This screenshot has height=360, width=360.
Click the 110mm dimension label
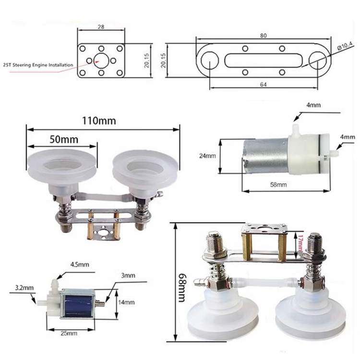point(99,121)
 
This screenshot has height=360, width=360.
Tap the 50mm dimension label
point(64,139)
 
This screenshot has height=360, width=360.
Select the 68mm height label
point(181,287)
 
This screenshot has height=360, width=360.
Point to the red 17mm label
point(300,242)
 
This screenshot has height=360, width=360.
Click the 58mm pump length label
point(278,185)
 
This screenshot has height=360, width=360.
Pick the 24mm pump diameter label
point(207,156)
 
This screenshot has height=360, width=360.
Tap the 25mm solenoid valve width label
point(69,333)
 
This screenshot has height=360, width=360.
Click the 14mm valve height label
point(126,302)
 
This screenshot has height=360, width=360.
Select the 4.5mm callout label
point(79,264)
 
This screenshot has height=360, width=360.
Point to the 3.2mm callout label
point(24,287)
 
